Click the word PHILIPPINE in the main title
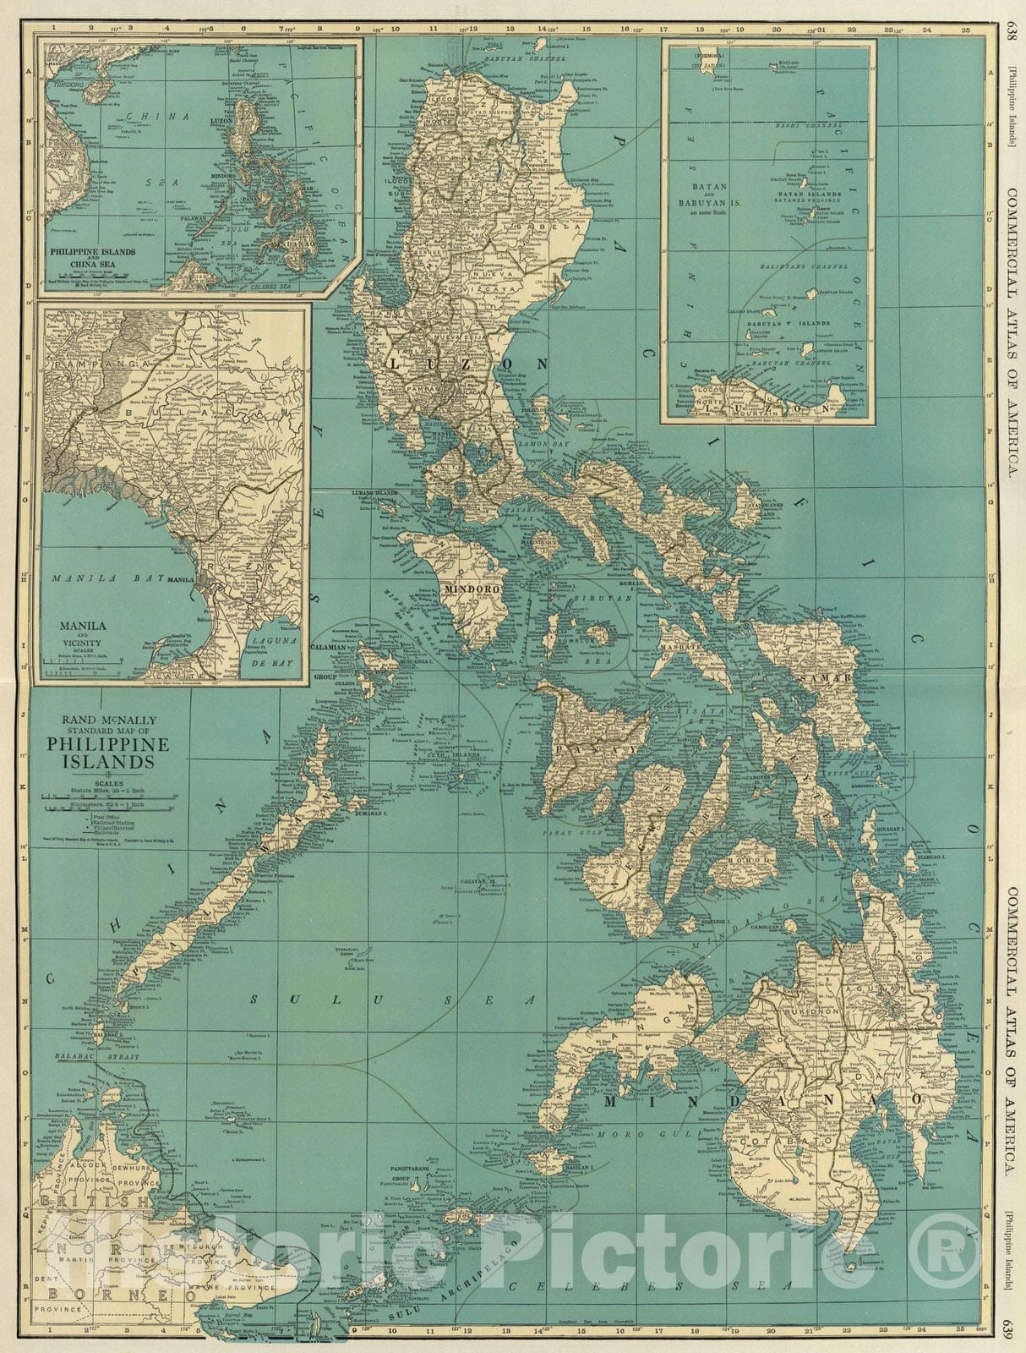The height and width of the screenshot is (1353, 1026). pyautogui.click(x=108, y=744)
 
